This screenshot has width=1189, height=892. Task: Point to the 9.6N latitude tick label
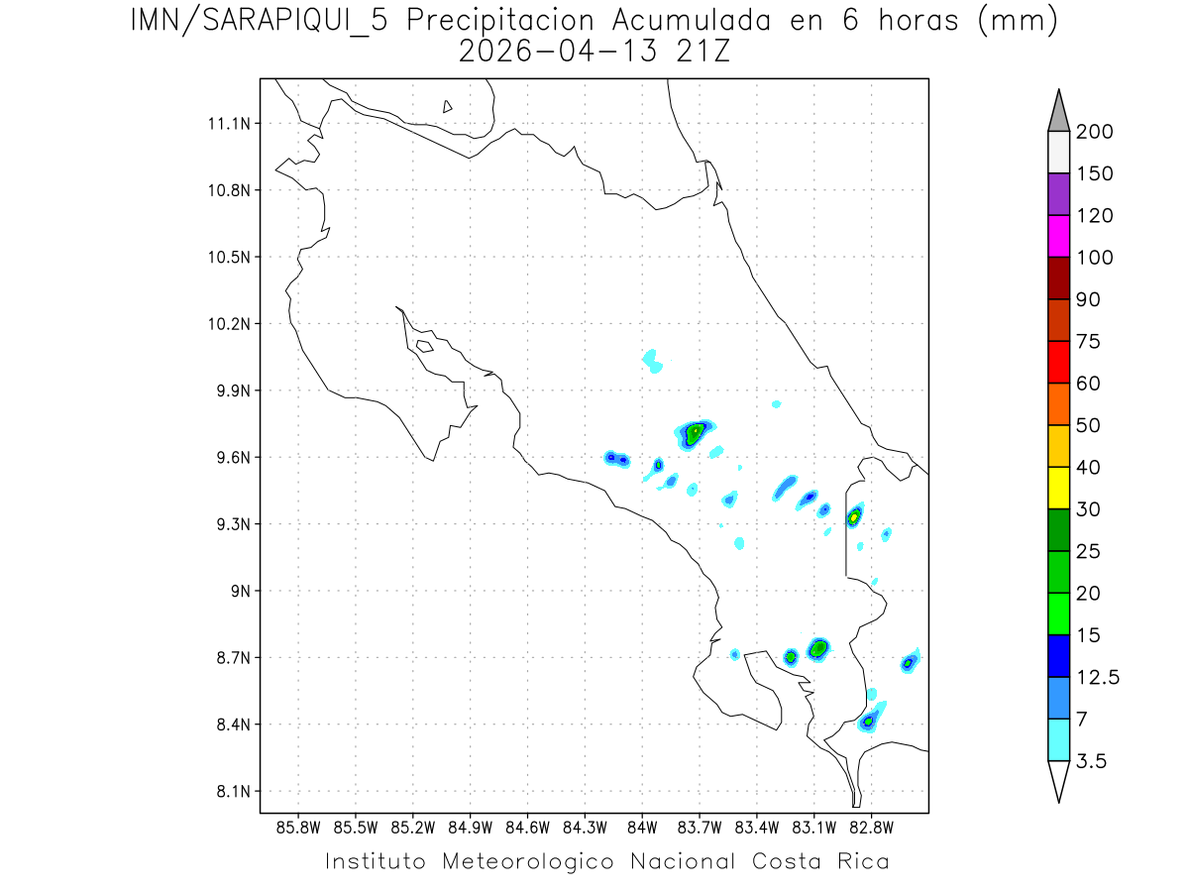point(229,458)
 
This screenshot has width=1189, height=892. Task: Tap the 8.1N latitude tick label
point(229,792)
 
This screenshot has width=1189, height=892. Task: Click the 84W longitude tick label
point(642,826)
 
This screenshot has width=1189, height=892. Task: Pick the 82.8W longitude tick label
point(871,826)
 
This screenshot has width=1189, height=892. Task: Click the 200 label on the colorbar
point(1095,132)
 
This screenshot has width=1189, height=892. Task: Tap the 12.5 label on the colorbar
point(1098,677)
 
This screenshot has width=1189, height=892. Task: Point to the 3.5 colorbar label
point(1092,761)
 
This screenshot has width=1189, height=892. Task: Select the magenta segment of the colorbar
point(1058,237)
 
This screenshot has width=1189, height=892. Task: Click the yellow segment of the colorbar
point(1058,489)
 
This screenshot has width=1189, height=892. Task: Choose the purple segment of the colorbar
point(1058,195)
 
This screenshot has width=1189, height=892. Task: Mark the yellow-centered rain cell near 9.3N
point(854,516)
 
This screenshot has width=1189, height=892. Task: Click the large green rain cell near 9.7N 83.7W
point(696,432)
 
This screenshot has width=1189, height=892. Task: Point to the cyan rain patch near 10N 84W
point(652,360)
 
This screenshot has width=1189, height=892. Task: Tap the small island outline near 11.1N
point(448,106)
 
